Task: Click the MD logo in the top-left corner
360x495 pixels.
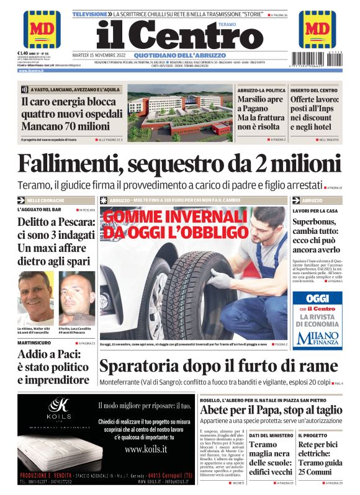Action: point(42,29)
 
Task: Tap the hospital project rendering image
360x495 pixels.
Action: point(177,111)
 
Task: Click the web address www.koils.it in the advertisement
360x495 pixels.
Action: point(146,448)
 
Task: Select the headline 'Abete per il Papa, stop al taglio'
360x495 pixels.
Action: point(271,410)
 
